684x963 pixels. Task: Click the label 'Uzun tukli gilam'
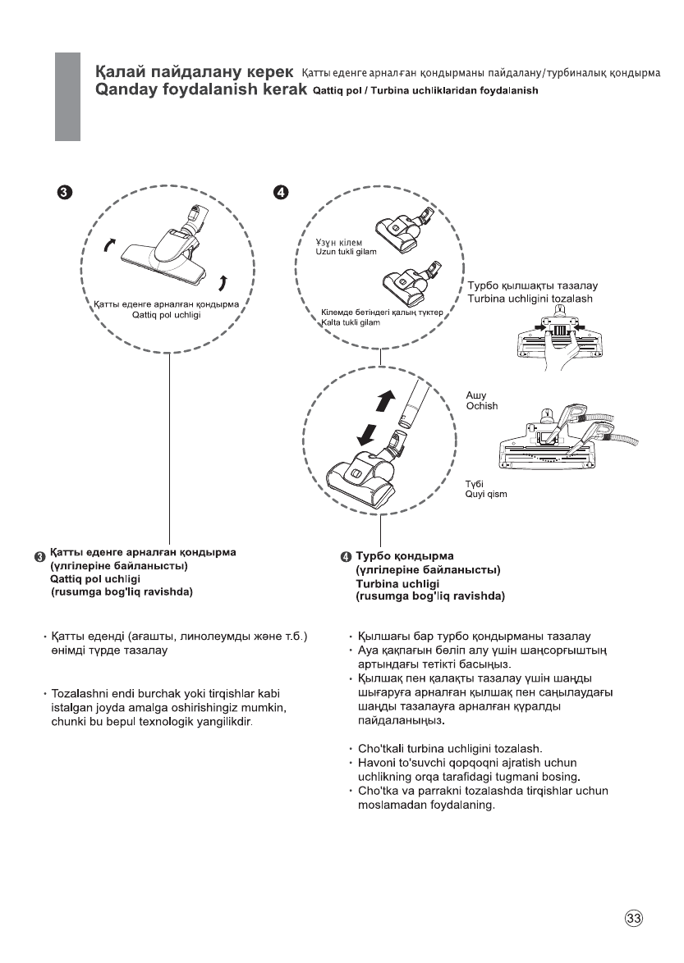coord(346,251)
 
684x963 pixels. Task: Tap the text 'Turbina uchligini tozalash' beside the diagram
coord(530,299)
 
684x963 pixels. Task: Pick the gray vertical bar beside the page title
coord(67,96)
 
